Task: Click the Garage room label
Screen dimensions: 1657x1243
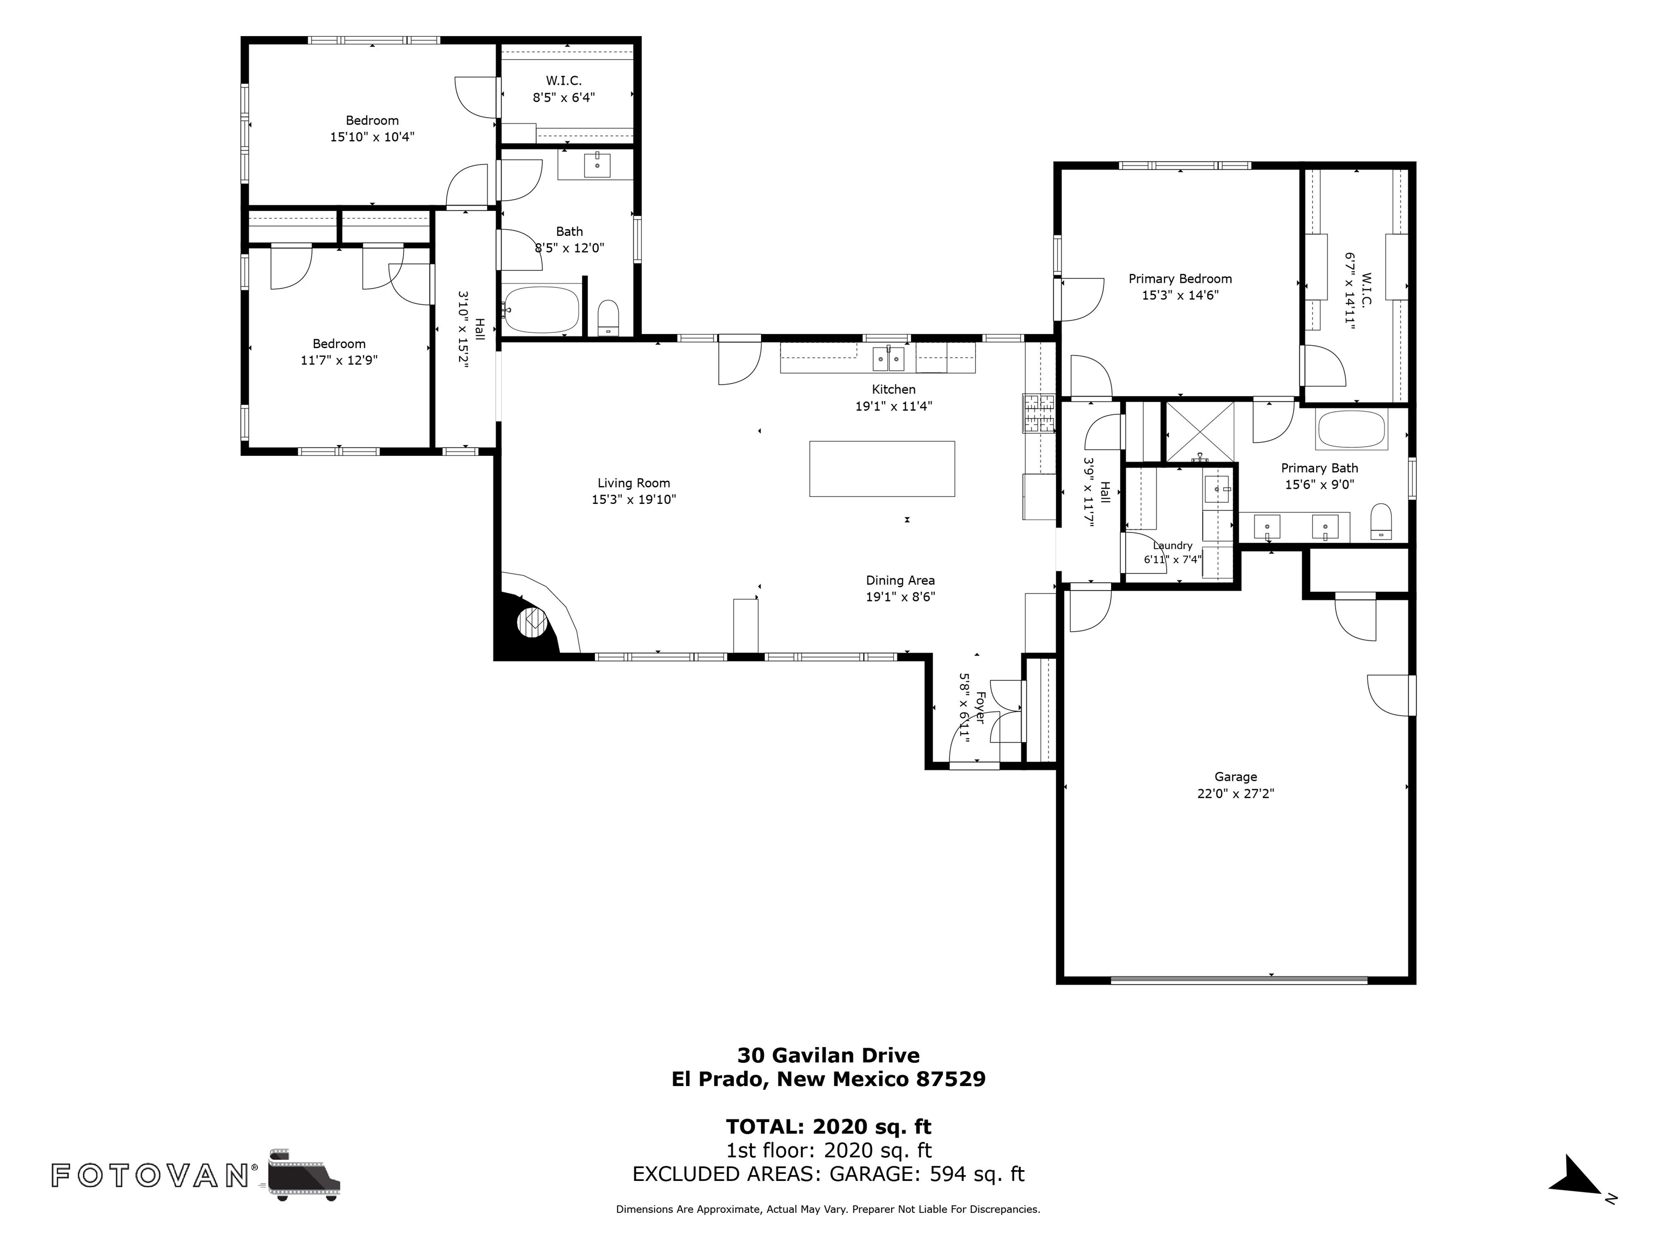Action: [1235, 777]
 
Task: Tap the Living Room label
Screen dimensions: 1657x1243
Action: [634, 483]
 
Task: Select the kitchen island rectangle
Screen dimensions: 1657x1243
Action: [882, 469]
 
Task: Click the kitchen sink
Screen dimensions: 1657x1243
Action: [888, 359]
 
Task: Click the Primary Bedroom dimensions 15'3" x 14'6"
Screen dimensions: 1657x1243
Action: [1180, 295]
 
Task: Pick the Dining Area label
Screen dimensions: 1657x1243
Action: [900, 580]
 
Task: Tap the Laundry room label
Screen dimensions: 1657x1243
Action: [1172, 545]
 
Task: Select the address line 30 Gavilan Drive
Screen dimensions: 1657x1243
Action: [828, 1056]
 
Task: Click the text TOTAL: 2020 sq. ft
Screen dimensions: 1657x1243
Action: [828, 1127]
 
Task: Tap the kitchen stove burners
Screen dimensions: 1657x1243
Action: [1038, 414]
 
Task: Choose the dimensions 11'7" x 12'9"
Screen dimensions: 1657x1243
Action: [339, 360]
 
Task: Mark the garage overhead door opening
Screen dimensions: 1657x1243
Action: [1239, 979]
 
